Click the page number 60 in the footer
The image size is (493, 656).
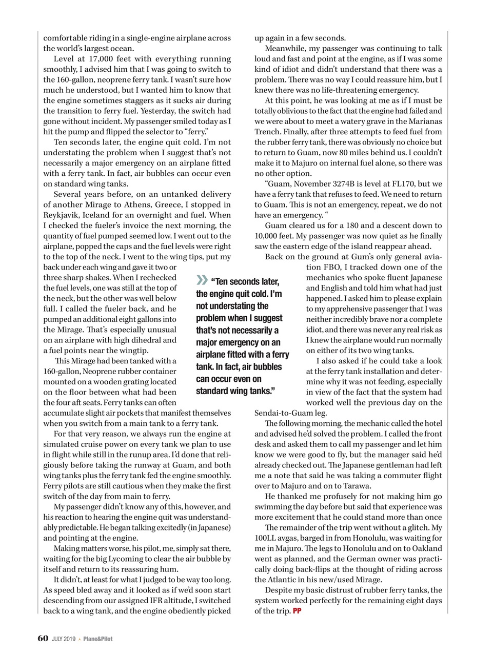(43, 638)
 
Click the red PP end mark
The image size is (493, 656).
(297, 611)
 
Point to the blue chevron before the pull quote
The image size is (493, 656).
(202, 280)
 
